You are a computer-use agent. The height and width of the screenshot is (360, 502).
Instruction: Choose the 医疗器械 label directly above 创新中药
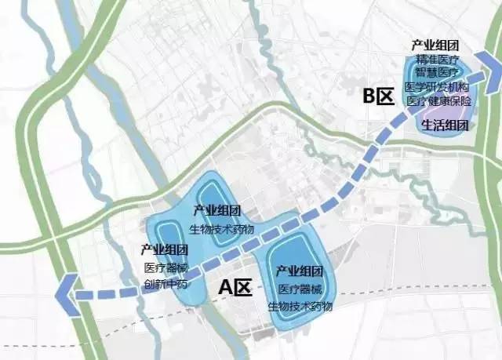point(166,267)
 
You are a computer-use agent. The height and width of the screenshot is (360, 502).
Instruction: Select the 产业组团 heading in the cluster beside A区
point(300,271)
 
